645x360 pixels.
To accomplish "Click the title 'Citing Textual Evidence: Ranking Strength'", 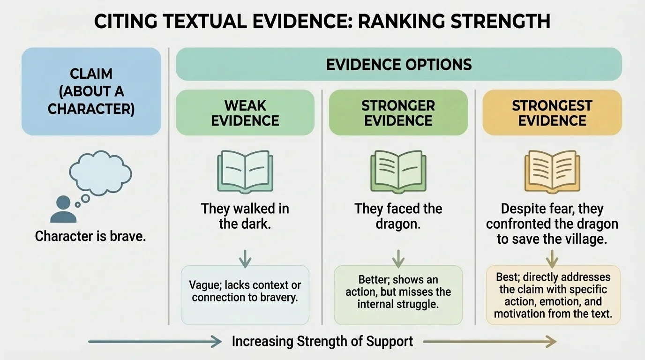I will pyautogui.click(x=322, y=22).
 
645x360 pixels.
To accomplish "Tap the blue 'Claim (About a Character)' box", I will pyautogui.click(x=91, y=91).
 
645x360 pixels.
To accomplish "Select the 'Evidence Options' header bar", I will pyautogui.click(x=398, y=64).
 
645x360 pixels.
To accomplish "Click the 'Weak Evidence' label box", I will pyautogui.click(x=245, y=112).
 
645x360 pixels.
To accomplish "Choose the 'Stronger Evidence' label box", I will pyautogui.click(x=398, y=112).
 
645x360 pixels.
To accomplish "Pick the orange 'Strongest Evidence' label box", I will pyautogui.click(x=552, y=112).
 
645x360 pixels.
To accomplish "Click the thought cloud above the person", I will pyautogui.click(x=100, y=173).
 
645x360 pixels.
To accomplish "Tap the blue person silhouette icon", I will pyautogui.click(x=63, y=210).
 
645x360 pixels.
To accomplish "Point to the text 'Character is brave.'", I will pyautogui.click(x=90, y=236).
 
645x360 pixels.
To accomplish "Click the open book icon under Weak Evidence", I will pyautogui.click(x=245, y=172).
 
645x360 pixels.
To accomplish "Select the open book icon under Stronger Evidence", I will pyautogui.click(x=398, y=172).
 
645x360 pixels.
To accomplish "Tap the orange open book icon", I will pyautogui.click(x=552, y=172).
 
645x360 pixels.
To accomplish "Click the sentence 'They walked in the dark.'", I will pyautogui.click(x=245, y=216).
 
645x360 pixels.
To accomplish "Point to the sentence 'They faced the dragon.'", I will pyautogui.click(x=398, y=216).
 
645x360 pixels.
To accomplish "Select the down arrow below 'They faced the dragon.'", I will pyautogui.click(x=398, y=258).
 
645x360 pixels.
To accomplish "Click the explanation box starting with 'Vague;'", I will pyautogui.click(x=245, y=295).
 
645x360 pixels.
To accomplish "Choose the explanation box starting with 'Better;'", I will pyautogui.click(x=398, y=295).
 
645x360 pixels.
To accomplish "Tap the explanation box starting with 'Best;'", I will pyautogui.click(x=553, y=295).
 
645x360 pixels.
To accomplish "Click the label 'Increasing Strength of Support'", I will pyautogui.click(x=322, y=341).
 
